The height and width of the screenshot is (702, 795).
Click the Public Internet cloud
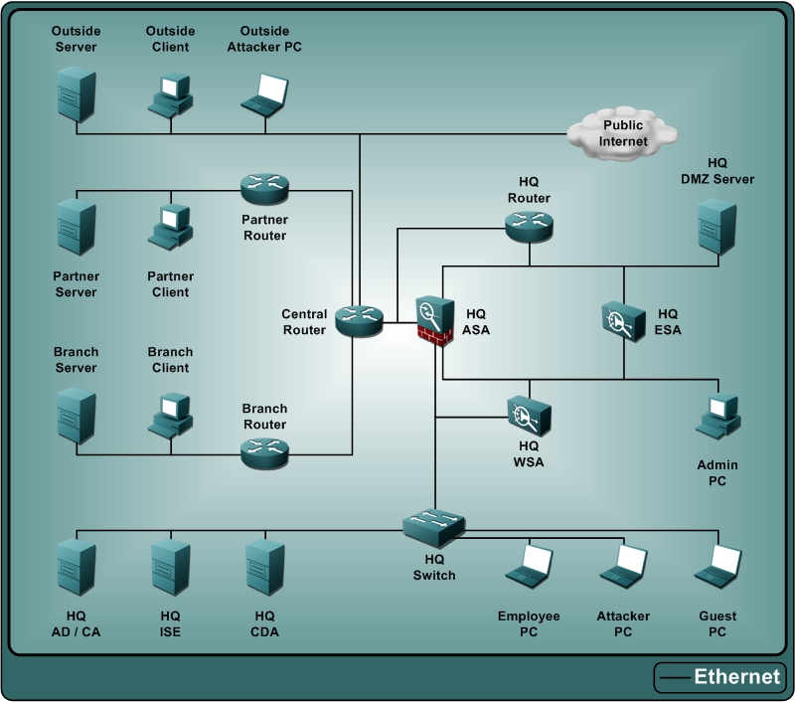(622, 132)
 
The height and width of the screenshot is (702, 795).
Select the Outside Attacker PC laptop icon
(265, 93)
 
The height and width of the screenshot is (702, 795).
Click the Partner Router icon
(264, 187)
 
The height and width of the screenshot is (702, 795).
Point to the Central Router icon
(359, 320)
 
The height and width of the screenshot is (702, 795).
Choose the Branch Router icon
(264, 452)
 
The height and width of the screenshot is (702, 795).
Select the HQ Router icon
(528, 226)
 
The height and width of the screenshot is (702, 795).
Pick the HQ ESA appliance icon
(623, 320)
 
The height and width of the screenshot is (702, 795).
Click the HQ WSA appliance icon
(528, 415)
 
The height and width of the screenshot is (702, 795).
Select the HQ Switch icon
(434, 524)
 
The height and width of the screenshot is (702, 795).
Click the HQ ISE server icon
(170, 568)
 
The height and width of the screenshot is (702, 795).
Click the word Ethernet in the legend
(736, 677)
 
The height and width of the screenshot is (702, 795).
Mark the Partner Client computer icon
(170, 226)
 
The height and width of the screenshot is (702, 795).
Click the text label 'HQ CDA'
(264, 623)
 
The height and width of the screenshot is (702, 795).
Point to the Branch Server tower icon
(77, 415)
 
